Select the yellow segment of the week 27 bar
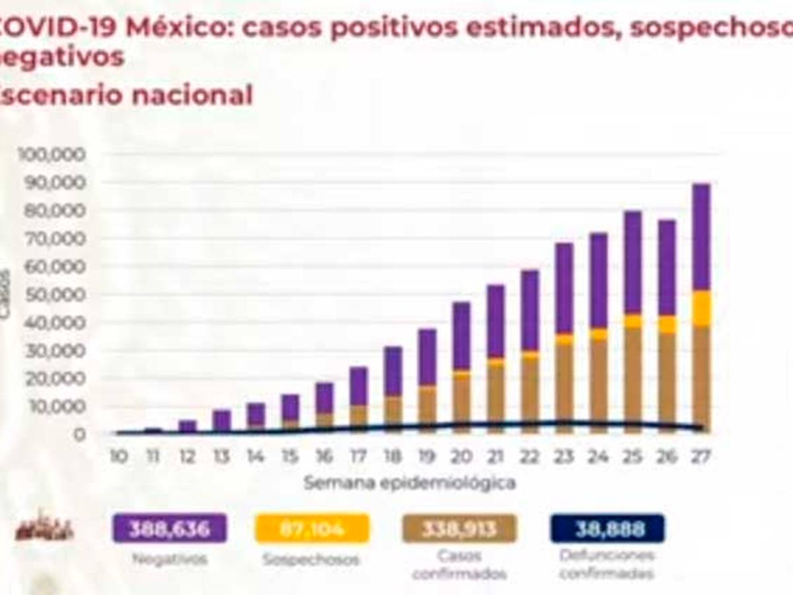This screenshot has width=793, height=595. coord(701,308)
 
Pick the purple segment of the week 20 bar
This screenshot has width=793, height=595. coord(461,336)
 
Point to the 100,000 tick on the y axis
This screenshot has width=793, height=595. coord(54,154)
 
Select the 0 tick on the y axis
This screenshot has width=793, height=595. coord(79,435)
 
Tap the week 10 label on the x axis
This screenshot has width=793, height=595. coord(119,457)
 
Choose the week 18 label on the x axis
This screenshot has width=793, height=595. coord(393,457)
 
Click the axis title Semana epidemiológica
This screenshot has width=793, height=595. coord(410,483)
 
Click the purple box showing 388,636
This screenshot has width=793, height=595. coord(170,529)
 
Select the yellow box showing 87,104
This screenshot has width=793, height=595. coord(312,529)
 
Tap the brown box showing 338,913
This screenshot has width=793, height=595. coord(459,529)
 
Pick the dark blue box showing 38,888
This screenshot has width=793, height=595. coord(607,529)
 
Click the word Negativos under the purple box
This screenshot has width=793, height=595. coord(170,559)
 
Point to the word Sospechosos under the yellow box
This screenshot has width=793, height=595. coord(311,560)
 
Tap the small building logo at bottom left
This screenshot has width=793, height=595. coord(44,526)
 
